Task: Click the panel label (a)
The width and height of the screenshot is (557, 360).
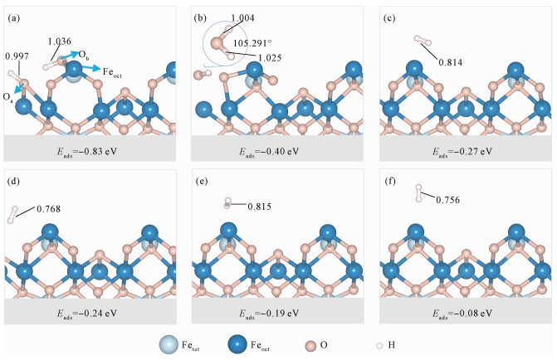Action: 14,18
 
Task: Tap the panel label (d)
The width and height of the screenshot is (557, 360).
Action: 14,182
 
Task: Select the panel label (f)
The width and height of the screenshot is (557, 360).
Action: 390,182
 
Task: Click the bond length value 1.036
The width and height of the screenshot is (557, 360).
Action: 59,41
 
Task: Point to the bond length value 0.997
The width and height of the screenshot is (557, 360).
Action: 17,56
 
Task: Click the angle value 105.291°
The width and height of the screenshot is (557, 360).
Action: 252,43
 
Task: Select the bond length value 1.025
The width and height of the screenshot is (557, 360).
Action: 270,58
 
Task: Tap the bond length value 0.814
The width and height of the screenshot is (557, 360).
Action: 451,63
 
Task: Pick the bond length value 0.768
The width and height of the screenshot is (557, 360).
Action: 49,209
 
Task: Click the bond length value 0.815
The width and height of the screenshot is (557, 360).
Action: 259,207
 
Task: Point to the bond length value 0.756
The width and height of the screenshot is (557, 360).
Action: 448,200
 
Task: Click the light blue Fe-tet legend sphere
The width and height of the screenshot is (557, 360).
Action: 168,344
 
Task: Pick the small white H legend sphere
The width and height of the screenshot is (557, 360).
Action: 379,345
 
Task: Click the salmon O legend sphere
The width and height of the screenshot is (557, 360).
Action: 310,345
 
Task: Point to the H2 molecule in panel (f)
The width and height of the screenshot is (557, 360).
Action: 419,193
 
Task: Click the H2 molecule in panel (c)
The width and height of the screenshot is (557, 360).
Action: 423,41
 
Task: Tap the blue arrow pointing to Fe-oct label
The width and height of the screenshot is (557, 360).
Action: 92,68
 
